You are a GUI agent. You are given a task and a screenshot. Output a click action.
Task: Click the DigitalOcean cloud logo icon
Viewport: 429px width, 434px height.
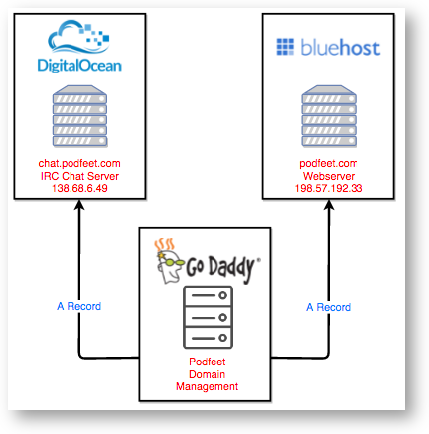point(78,37)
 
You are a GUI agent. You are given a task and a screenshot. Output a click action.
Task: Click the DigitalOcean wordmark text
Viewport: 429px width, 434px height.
point(79,66)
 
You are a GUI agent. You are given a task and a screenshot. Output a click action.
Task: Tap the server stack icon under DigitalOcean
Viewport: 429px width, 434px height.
point(79,116)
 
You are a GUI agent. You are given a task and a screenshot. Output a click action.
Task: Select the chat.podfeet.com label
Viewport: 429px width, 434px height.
point(79,163)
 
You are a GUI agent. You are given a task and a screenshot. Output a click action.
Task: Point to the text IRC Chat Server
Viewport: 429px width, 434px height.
point(79,176)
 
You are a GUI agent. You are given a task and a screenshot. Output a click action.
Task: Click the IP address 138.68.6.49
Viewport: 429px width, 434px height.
point(79,188)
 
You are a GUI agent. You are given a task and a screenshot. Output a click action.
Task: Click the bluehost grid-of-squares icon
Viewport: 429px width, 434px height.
point(285,47)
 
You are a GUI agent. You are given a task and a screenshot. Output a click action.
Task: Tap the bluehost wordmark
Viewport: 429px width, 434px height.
point(341,47)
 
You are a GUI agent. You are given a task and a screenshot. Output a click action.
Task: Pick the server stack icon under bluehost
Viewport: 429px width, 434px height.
point(329,116)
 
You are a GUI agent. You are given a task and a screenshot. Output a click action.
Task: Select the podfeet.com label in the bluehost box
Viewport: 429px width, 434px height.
point(329,163)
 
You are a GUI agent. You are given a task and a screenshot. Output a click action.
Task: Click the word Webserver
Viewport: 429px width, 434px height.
point(329,176)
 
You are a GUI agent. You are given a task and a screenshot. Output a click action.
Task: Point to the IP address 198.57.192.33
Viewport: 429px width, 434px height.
point(329,188)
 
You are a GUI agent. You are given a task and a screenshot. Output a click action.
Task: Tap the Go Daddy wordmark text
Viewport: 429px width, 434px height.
point(222,268)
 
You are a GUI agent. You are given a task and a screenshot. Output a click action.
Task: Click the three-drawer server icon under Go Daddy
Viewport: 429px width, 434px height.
point(209,318)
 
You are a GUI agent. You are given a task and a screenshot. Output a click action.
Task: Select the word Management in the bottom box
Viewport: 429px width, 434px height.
point(208,386)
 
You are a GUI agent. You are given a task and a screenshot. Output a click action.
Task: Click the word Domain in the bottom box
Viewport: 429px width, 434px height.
point(208,374)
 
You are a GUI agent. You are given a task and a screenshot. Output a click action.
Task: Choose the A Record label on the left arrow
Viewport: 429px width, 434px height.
point(79,306)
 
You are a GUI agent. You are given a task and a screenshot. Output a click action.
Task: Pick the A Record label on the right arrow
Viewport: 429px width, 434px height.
point(328,307)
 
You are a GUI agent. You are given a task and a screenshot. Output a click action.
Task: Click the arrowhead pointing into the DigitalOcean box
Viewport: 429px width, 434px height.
point(79,204)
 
